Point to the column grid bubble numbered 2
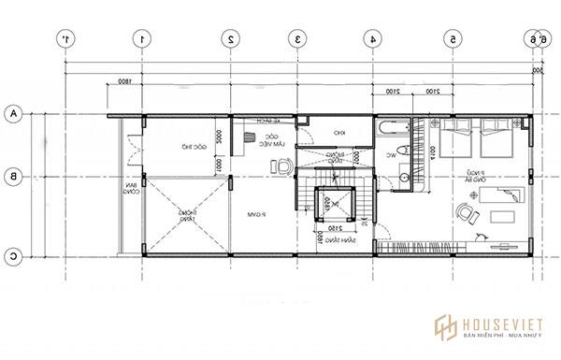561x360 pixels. click(230, 39)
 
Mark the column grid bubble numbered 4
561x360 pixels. click(372, 39)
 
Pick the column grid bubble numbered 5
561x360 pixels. click(453, 39)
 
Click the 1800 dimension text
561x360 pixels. click(123, 84)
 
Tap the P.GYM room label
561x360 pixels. click(260, 214)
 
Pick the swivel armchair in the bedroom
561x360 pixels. click(465, 214)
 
